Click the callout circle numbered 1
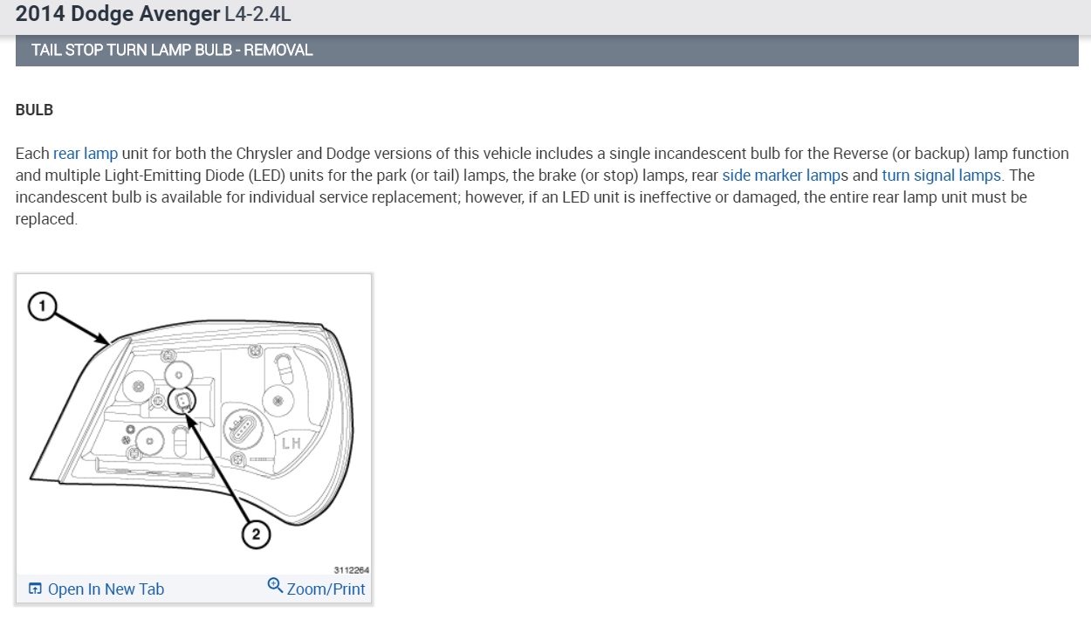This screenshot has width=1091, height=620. coord(43,307)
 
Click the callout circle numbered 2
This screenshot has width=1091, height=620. coord(256,534)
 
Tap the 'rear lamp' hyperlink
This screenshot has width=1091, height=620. coord(86,154)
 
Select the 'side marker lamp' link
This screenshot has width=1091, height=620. coord(781,176)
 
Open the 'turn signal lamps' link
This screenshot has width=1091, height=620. coord(941,176)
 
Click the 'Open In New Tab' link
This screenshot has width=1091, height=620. coord(106,589)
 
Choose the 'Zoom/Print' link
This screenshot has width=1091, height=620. coord(326,589)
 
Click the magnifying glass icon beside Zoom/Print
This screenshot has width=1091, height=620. coord(275,585)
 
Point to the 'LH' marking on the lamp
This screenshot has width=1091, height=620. coord(292,444)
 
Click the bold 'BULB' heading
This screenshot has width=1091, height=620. coord(34,110)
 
